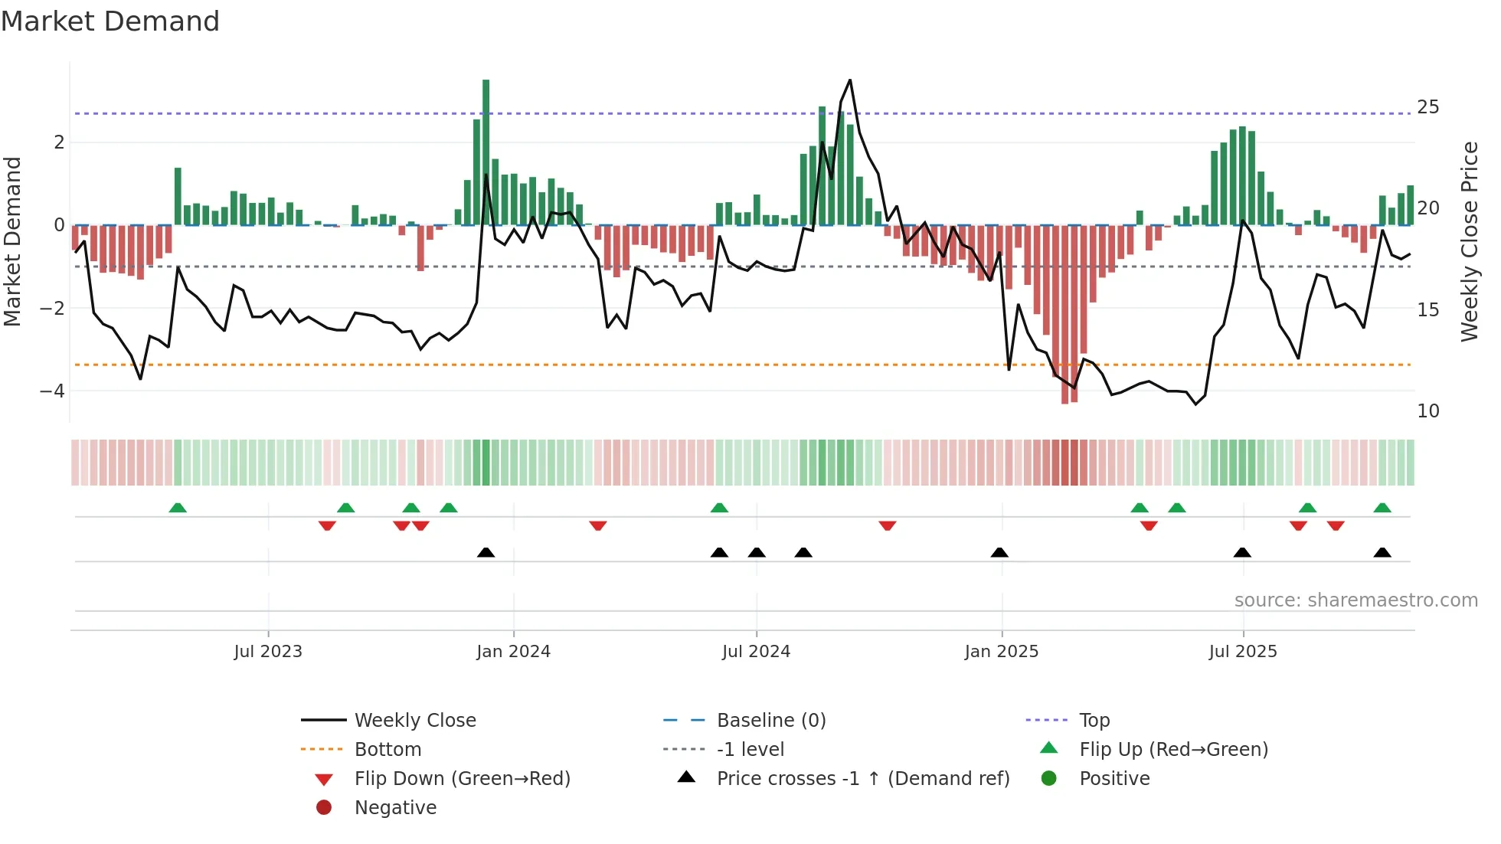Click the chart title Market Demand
pyautogui.click(x=110, y=21)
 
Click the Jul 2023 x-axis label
pyautogui.click(x=268, y=652)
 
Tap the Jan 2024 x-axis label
pyautogui.click(x=513, y=652)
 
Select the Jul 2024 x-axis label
pyautogui.click(x=756, y=652)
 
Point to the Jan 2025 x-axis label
pyautogui.click(x=1001, y=652)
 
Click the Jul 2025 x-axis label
pyautogui.click(x=1243, y=652)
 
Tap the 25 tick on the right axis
pyautogui.click(x=1427, y=106)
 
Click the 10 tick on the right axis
pyautogui.click(x=1427, y=411)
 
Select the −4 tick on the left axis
pyautogui.click(x=52, y=391)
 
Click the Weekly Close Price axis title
pyautogui.click(x=1469, y=241)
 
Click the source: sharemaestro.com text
pyautogui.click(x=1355, y=600)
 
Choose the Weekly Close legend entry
pyautogui.click(x=414, y=721)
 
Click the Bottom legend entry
pyautogui.click(x=388, y=750)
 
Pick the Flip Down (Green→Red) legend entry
pyautogui.click(x=462, y=779)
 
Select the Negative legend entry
pyautogui.click(x=395, y=808)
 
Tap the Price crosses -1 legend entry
pyautogui.click(x=862, y=779)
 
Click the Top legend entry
pyautogui.click(x=1094, y=721)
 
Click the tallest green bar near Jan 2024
pyautogui.click(x=486, y=153)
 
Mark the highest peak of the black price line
pyautogui.click(x=850, y=80)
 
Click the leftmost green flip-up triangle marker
pyautogui.click(x=178, y=508)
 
